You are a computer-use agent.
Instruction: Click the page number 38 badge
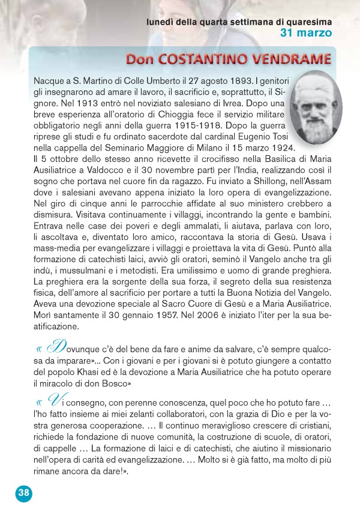pyautogui.click(x=23, y=493)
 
